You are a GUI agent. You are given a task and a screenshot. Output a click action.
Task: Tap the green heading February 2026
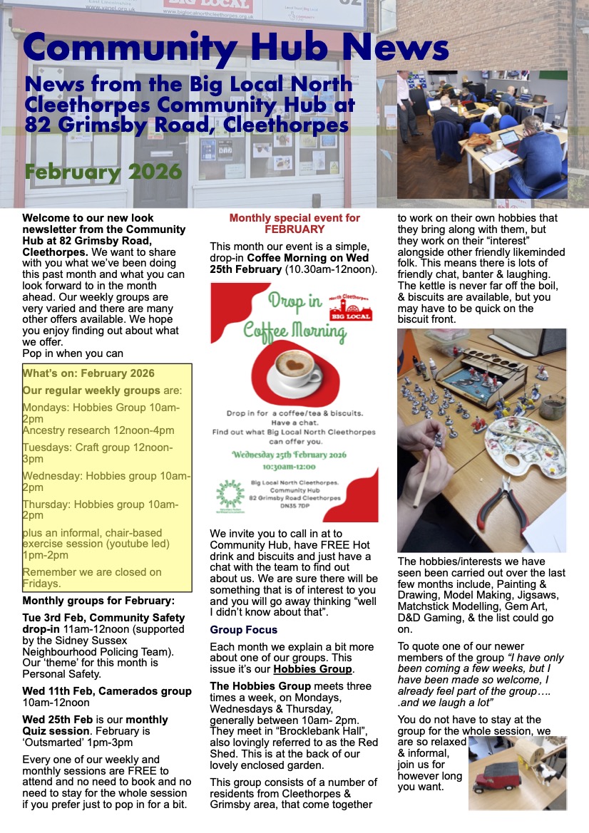coord(103,172)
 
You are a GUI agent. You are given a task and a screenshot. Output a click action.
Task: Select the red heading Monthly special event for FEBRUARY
coord(294,224)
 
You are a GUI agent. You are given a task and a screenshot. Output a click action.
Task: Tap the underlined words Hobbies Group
coord(312,669)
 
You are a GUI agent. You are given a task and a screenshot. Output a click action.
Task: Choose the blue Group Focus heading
coord(244,630)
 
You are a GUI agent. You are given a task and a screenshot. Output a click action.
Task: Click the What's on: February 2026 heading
coord(88,373)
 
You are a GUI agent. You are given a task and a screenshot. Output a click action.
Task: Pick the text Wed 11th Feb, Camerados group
coord(107,691)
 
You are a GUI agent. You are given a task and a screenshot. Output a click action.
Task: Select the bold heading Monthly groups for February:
coord(98,600)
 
